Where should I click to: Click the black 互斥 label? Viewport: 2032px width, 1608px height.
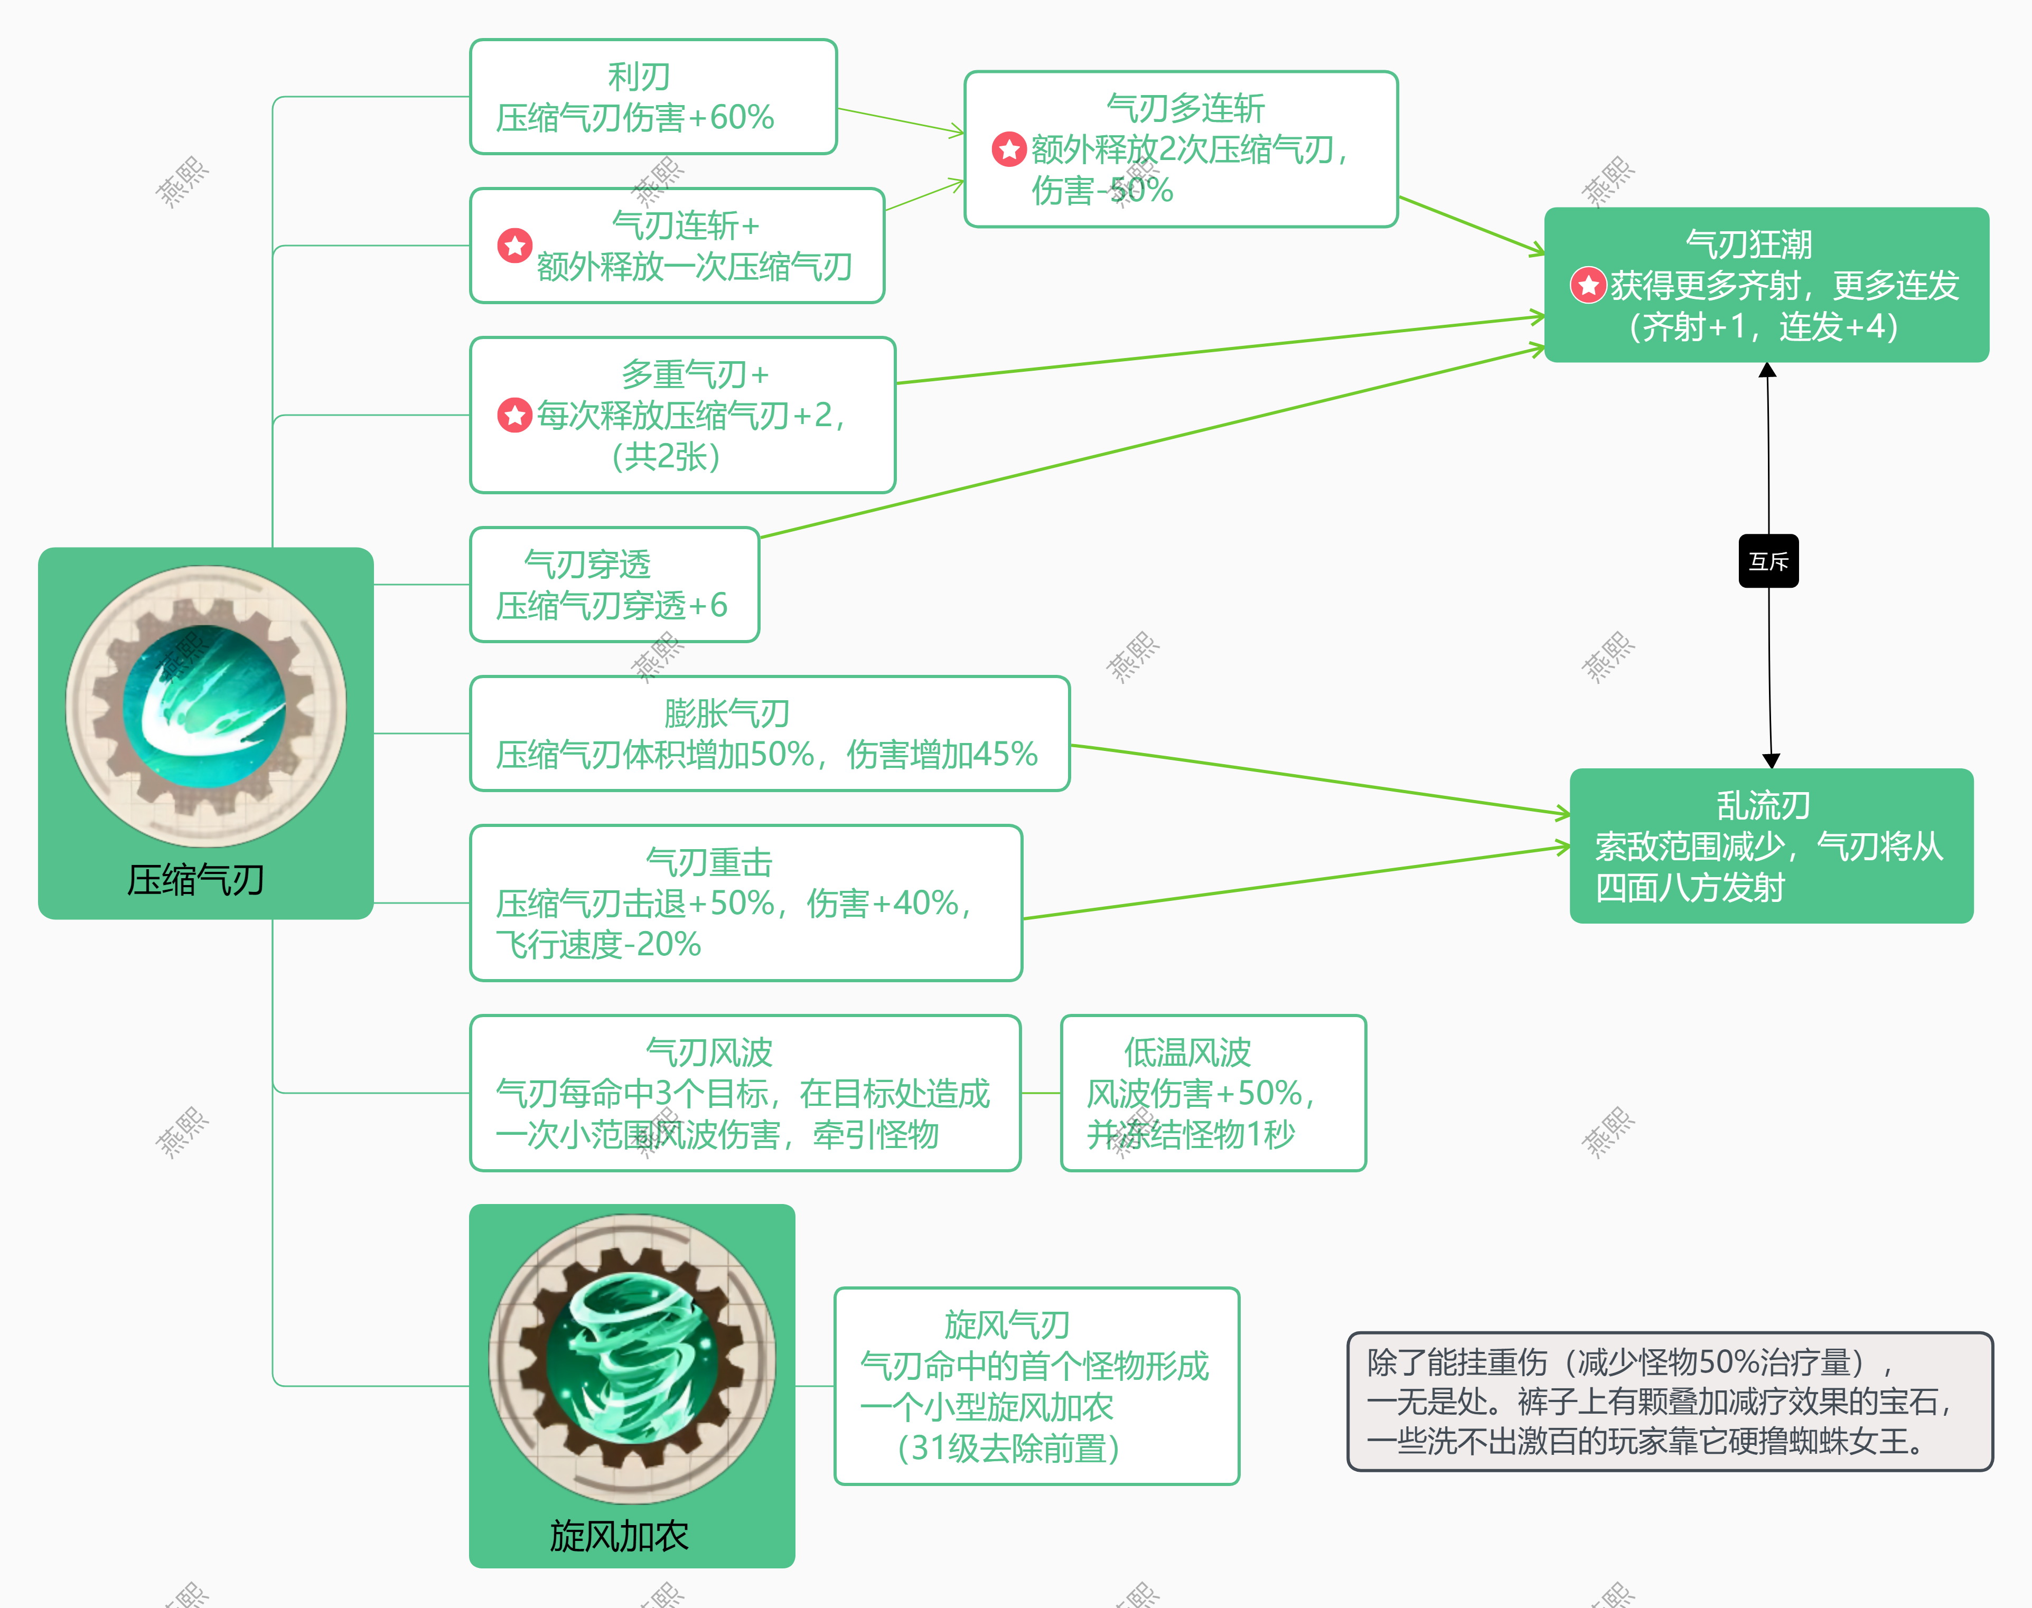click(x=1767, y=561)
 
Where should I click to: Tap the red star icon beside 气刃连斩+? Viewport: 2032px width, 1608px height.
click(x=514, y=246)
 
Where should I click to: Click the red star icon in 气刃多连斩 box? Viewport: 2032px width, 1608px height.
click(x=1008, y=149)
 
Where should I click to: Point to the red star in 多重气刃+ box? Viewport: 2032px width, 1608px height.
click(x=514, y=414)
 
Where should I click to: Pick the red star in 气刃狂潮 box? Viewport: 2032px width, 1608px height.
click(x=1588, y=285)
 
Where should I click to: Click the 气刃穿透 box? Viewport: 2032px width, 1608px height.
click(x=614, y=585)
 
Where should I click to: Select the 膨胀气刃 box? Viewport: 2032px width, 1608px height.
click(x=769, y=734)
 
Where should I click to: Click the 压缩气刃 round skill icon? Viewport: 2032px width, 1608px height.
click(x=205, y=706)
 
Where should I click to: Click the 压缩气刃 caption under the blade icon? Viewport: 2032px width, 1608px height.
click(x=196, y=880)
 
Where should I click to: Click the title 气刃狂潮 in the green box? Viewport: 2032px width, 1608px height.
click(x=1748, y=244)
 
